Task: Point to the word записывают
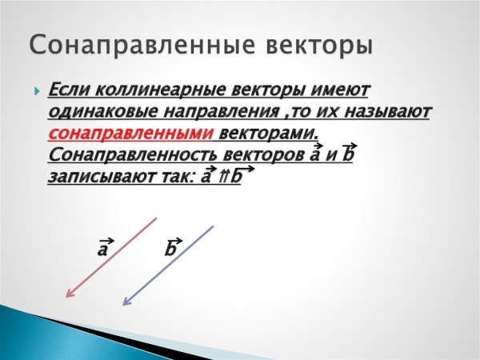tap(94, 175)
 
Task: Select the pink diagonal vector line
tap(113, 256)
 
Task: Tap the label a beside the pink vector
tap(103, 249)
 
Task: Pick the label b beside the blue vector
tap(171, 249)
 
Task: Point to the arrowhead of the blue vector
tap(125, 302)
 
